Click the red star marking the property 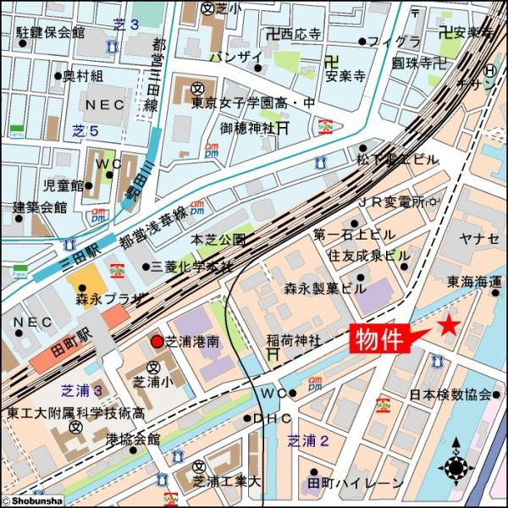(448, 326)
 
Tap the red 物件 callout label (378, 340)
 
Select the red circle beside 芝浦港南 (156, 341)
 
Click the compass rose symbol (457, 465)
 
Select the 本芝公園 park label (218, 240)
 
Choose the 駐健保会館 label (51, 32)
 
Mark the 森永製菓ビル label (325, 288)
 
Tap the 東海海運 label (475, 281)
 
